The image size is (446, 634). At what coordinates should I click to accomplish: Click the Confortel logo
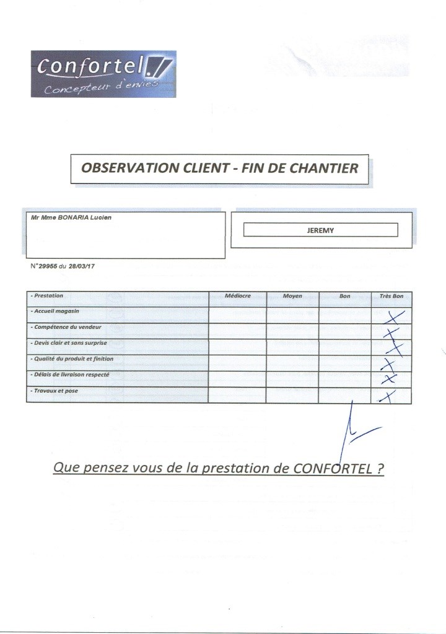[102, 74]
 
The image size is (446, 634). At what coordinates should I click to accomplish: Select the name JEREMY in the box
[320, 230]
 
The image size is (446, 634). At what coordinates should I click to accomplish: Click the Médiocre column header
[238, 296]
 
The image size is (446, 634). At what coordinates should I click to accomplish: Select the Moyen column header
[292, 296]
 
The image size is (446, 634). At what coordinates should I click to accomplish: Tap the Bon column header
[345, 296]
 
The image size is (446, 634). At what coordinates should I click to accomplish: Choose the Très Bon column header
[391, 296]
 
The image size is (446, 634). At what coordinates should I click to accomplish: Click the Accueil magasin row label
[57, 311]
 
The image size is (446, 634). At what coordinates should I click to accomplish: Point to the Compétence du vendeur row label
[68, 326]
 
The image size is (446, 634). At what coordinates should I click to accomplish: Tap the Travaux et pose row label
[56, 391]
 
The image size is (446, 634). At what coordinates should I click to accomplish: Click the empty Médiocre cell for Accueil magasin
[238, 315]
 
